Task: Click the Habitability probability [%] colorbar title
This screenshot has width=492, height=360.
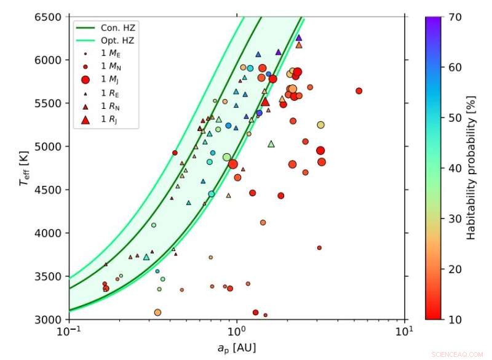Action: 472,168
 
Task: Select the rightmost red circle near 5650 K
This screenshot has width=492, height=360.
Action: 359,91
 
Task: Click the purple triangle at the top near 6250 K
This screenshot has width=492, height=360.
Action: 299,38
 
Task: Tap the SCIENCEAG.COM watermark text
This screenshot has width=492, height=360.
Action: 458,354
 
